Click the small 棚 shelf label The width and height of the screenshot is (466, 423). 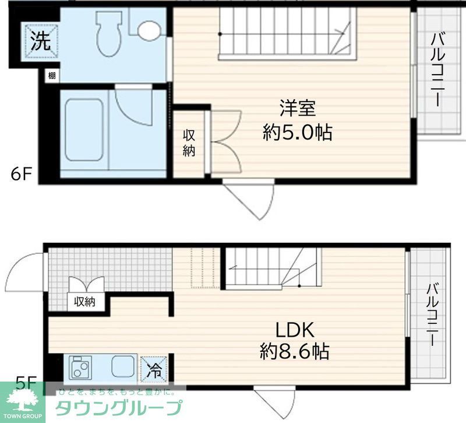52,75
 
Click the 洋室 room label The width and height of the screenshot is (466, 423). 297,109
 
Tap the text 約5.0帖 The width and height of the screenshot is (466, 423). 297,133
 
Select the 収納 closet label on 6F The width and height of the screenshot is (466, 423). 189,142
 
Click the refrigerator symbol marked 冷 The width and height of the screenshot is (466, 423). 154,369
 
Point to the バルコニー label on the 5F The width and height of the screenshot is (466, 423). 432,315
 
